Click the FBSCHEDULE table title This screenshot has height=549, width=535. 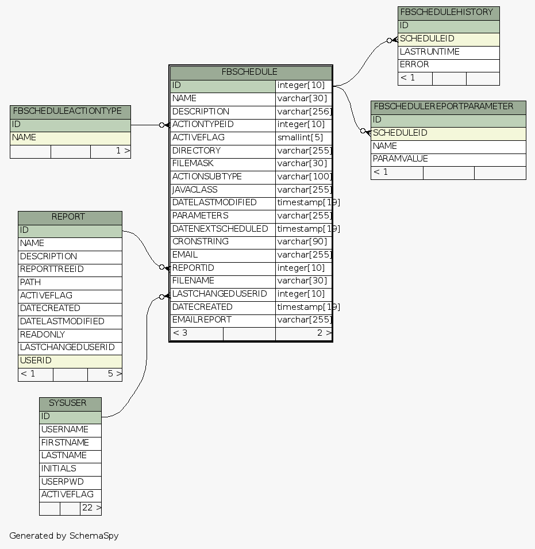pyautogui.click(x=250, y=72)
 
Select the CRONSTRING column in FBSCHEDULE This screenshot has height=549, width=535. pyautogui.click(x=201, y=241)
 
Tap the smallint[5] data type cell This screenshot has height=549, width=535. pyautogui.click(x=300, y=137)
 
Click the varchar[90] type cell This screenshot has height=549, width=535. pyautogui.click(x=301, y=241)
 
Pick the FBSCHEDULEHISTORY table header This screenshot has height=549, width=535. pyautogui.click(x=447, y=12)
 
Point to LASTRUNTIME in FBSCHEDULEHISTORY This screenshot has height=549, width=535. pyautogui.click(x=429, y=52)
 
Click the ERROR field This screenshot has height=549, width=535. pyautogui.click(x=414, y=64)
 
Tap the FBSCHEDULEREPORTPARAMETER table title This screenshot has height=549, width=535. pyautogui.click(x=443, y=106)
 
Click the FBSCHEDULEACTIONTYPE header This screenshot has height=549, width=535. pyautogui.click(x=67, y=111)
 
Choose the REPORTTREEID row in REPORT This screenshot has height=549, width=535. pyautogui.click(x=52, y=269)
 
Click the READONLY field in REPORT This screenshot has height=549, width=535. pyautogui.click(x=43, y=335)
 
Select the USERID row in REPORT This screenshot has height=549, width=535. pyautogui.click(x=36, y=360)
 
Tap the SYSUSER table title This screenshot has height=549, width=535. pyautogui.click(x=67, y=403)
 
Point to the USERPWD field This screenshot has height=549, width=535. pyautogui.click(x=62, y=482)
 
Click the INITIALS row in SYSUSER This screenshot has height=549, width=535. pyautogui.click(x=59, y=469)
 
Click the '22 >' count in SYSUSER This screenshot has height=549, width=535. pyautogui.click(x=91, y=508)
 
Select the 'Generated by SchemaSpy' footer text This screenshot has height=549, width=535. pyautogui.click(x=64, y=536)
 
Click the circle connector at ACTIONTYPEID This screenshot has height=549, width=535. pyautogui.click(x=162, y=125)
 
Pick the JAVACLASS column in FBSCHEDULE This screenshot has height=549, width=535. pyautogui.click(x=195, y=190)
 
